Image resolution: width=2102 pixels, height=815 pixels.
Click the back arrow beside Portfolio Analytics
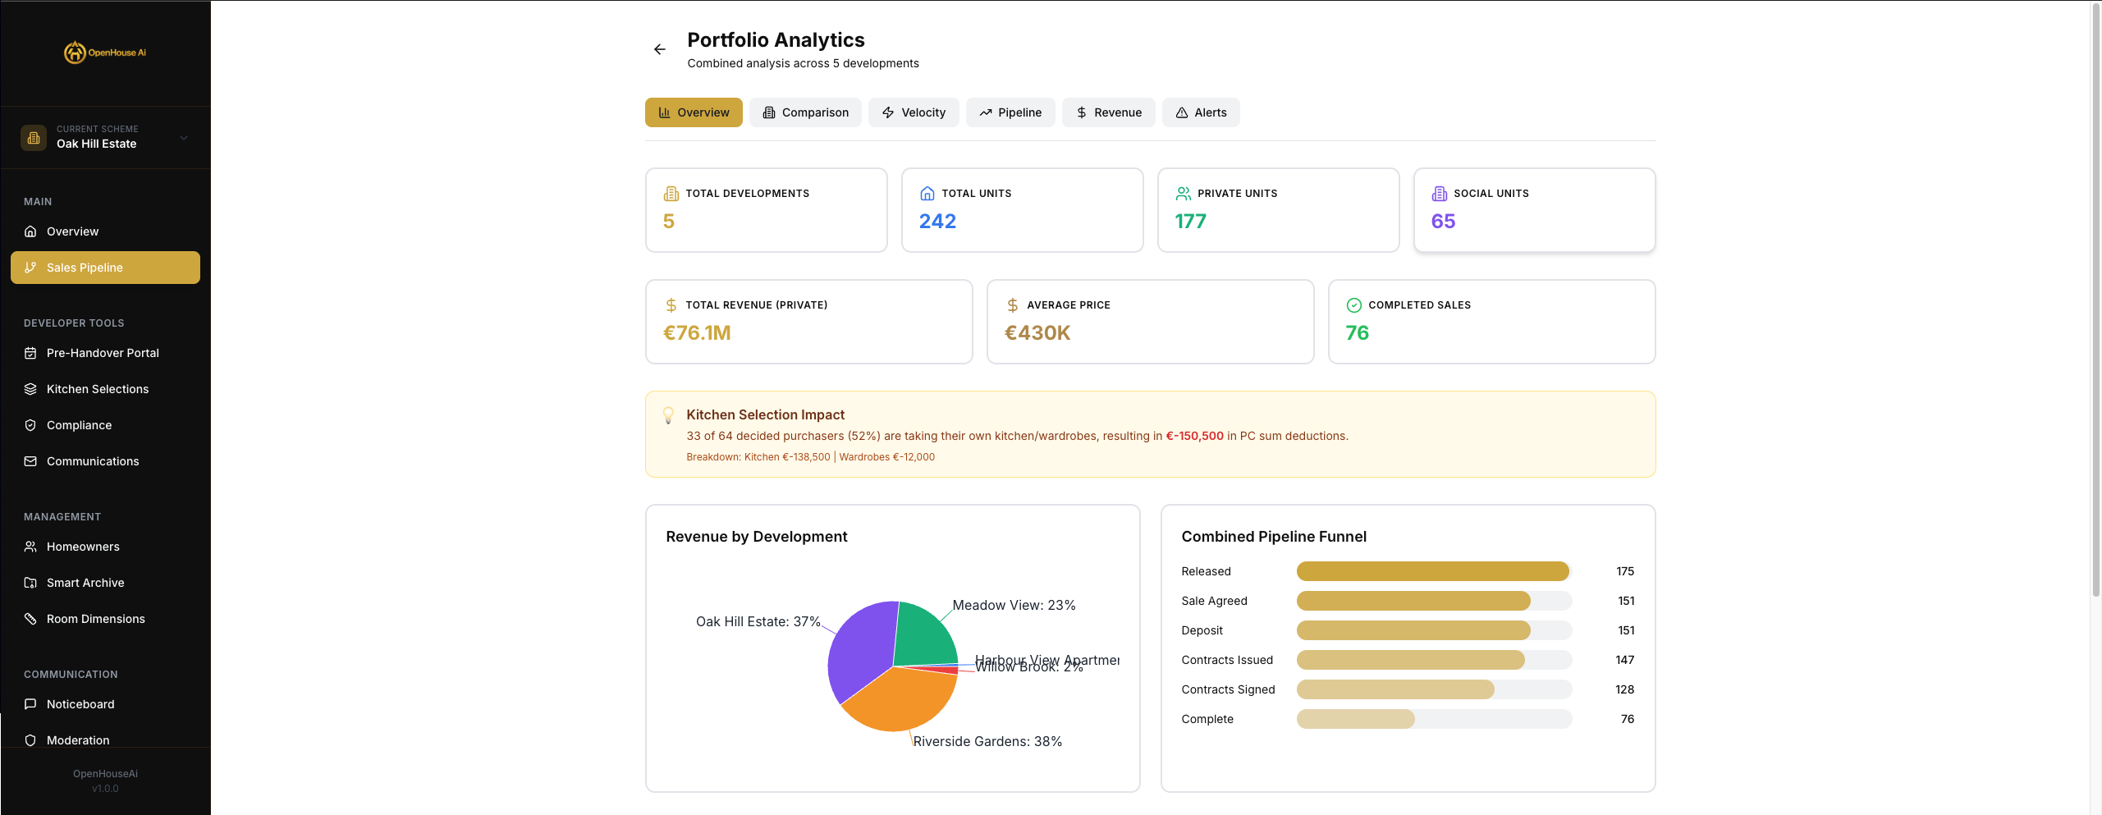point(659,49)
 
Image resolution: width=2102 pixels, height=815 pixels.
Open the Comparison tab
point(805,112)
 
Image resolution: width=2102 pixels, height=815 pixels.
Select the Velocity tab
point(914,112)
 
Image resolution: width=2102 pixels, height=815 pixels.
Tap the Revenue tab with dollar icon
point(1108,112)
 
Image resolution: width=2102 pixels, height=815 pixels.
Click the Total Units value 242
point(937,222)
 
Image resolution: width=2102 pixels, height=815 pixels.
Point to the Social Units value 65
point(1442,222)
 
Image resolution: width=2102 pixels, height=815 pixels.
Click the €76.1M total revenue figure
point(696,333)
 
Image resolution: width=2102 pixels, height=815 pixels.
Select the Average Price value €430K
point(1037,333)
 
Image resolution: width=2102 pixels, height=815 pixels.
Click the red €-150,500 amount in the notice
point(1194,436)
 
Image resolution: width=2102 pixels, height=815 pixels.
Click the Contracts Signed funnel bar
point(1394,689)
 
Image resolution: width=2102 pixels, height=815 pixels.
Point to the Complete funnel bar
point(1355,719)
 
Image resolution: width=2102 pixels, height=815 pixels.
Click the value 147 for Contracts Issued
point(1624,660)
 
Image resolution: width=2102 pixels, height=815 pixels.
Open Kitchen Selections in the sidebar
point(97,389)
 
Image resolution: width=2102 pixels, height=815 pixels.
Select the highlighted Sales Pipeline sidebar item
point(105,268)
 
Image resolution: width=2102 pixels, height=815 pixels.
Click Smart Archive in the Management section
point(85,583)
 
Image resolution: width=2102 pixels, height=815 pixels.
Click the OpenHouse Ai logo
point(105,53)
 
